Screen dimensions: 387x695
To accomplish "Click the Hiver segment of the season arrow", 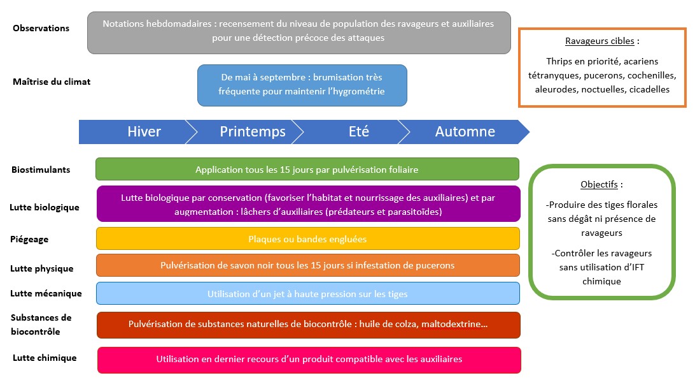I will [144, 132].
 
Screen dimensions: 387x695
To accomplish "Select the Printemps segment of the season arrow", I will [252, 132].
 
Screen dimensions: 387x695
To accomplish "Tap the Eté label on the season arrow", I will [358, 132].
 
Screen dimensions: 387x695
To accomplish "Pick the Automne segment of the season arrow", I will [465, 132].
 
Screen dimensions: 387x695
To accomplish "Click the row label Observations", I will [41, 28].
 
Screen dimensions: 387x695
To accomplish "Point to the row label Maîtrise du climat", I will [52, 82].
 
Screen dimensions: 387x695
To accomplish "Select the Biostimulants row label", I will [41, 170].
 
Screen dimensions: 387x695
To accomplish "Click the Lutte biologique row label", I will [45, 207].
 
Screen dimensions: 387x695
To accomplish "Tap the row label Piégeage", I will [29, 239].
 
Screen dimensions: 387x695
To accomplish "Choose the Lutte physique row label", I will [41, 268].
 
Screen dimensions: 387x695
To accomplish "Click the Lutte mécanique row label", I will [46, 293].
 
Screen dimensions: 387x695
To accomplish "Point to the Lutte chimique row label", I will [45, 358].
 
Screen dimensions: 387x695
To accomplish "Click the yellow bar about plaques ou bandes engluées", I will [307, 239].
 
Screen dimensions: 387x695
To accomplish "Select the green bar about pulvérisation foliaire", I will [307, 170].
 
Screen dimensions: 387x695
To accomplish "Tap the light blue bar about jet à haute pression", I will [307, 294].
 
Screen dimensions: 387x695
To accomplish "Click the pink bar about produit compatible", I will [309, 360].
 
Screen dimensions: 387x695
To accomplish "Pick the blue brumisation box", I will [302, 85].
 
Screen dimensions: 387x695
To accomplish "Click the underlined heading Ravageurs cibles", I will [600, 41].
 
